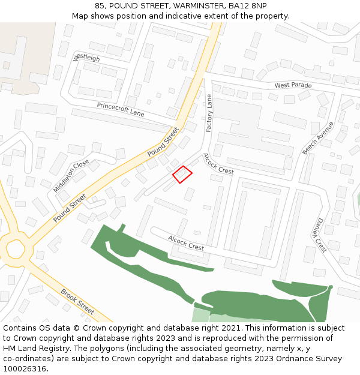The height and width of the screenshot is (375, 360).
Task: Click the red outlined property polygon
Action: point(182,174)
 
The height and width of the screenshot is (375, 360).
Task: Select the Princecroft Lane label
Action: point(121,109)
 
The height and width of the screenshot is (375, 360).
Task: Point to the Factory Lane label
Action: point(209,113)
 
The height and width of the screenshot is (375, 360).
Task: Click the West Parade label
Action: point(293,85)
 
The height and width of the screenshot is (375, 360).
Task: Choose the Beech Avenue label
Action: point(317,138)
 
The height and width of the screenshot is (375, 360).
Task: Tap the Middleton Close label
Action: point(71,175)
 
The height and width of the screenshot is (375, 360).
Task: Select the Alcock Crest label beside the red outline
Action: point(218,163)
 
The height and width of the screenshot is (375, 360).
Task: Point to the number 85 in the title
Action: point(100,5)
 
